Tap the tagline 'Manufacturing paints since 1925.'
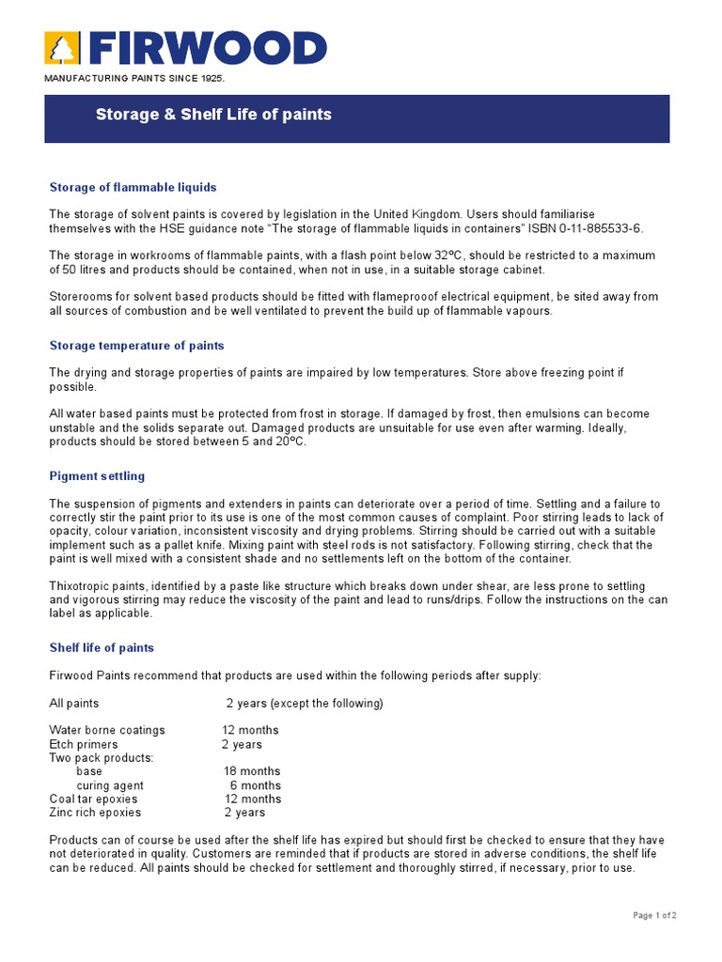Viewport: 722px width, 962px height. [135, 77]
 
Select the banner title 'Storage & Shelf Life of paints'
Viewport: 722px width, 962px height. [213, 115]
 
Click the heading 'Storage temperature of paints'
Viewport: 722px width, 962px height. [136, 346]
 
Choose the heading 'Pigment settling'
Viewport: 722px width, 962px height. [97, 476]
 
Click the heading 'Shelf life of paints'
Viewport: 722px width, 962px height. [102, 647]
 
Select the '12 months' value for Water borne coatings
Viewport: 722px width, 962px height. [250, 730]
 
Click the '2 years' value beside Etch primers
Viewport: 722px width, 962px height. [242, 744]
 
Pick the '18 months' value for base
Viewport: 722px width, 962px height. [252, 771]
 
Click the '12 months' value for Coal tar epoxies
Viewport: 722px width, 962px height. [252, 799]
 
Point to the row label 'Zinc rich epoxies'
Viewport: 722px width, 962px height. [95, 813]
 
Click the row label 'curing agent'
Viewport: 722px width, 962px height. [110, 785]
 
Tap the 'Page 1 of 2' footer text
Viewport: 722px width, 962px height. [654, 915]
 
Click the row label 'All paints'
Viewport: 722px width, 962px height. [73, 703]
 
